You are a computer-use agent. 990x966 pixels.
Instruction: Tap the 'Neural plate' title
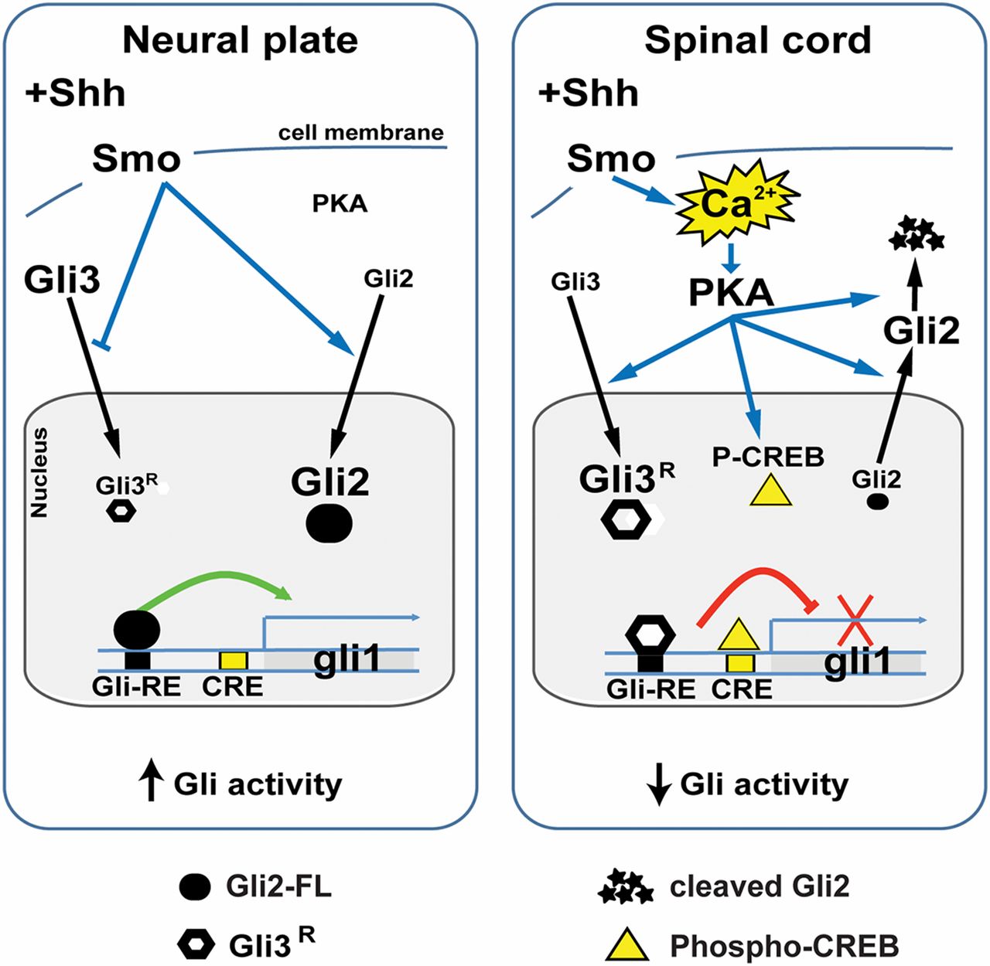[240, 40]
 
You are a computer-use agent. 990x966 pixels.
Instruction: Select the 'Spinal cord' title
[757, 40]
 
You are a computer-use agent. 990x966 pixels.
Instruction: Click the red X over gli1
[854, 620]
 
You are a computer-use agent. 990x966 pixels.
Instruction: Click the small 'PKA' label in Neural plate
[340, 203]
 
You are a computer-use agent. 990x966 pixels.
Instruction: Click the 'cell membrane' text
[361, 133]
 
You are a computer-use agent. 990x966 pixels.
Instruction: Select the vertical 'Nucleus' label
[39, 472]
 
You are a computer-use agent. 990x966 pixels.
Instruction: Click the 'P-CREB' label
[768, 457]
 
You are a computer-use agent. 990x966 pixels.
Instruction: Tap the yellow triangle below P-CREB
[771, 492]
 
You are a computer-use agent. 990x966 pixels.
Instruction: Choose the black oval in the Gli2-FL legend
[194, 886]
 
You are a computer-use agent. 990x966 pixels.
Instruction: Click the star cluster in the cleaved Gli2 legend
[626, 886]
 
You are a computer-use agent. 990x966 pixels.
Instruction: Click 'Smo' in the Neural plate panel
[136, 159]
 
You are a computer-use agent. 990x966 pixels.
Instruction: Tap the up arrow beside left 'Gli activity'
[152, 784]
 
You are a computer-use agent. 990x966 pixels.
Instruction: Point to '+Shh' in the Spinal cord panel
[589, 94]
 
